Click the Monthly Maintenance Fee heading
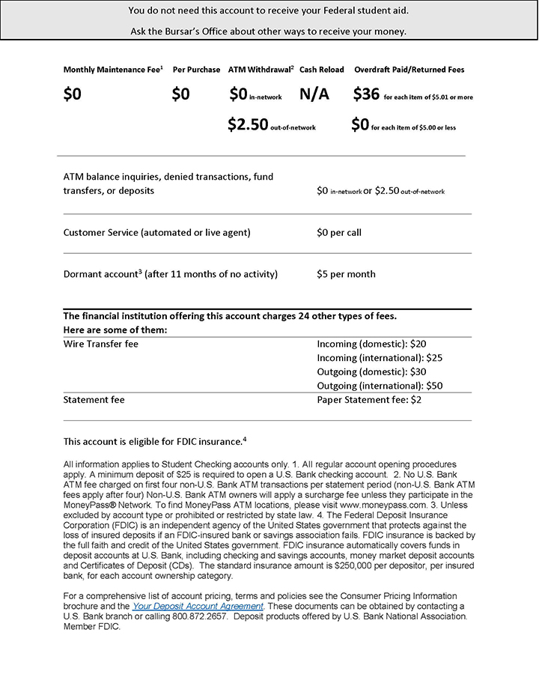click(113, 70)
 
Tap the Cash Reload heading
click(322, 70)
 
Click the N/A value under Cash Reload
click(314, 94)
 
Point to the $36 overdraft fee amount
click(367, 94)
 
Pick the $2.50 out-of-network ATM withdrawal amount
click(248, 125)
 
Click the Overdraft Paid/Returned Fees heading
click(409, 70)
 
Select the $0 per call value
click(339, 233)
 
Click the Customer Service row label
click(157, 233)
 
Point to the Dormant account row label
click(171, 274)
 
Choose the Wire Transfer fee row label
click(101, 344)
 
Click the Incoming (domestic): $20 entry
click(372, 344)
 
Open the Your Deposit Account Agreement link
click(198, 605)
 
